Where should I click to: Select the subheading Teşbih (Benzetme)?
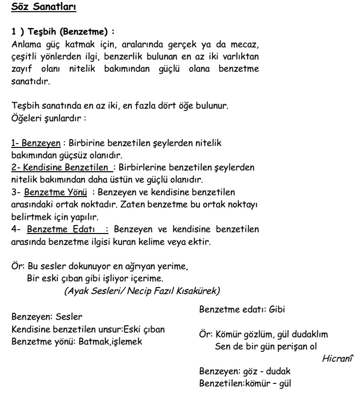pyautogui.click(x=64, y=33)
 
